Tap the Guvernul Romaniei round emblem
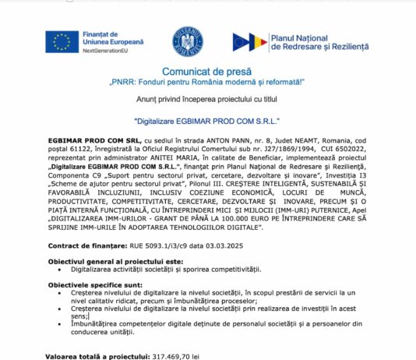[x=187, y=41]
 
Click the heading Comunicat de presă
[x=207, y=71]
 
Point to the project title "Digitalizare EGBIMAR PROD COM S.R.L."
[x=206, y=122]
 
